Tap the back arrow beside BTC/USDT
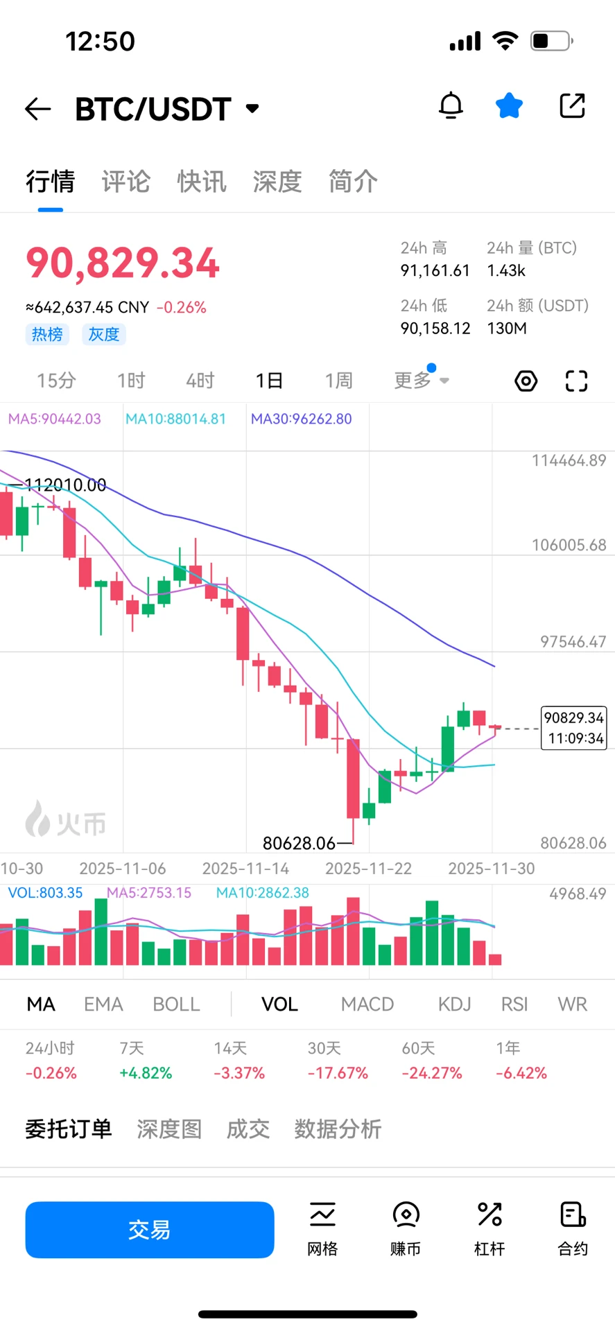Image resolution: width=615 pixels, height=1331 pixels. (38, 109)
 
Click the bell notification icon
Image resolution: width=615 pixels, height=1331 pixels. (451, 106)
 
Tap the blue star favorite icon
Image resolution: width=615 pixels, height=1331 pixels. (509, 106)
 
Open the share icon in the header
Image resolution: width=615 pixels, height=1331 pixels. (572, 106)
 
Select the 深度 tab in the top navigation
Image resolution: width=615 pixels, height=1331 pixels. (277, 182)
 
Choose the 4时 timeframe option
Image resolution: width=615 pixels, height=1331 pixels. (200, 381)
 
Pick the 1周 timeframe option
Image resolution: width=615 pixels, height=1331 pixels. (338, 381)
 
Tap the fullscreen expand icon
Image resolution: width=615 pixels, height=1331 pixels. (576, 381)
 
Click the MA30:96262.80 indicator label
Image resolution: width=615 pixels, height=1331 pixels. (301, 419)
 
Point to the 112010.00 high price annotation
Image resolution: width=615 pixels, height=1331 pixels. (65, 485)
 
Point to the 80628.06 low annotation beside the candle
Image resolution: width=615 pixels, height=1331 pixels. (299, 843)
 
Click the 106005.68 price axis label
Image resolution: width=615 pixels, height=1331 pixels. (569, 545)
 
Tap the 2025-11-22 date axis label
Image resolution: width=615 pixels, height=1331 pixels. (368, 869)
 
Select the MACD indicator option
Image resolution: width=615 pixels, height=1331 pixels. (367, 1004)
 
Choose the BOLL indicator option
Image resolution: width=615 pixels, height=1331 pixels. (176, 1004)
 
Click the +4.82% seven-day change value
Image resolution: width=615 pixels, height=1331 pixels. (146, 1073)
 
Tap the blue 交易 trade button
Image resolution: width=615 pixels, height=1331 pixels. (150, 1229)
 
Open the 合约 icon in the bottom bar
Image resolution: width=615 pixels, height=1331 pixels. (573, 1228)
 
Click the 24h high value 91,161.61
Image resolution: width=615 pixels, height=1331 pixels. (435, 270)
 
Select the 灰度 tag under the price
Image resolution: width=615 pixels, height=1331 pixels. (104, 334)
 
